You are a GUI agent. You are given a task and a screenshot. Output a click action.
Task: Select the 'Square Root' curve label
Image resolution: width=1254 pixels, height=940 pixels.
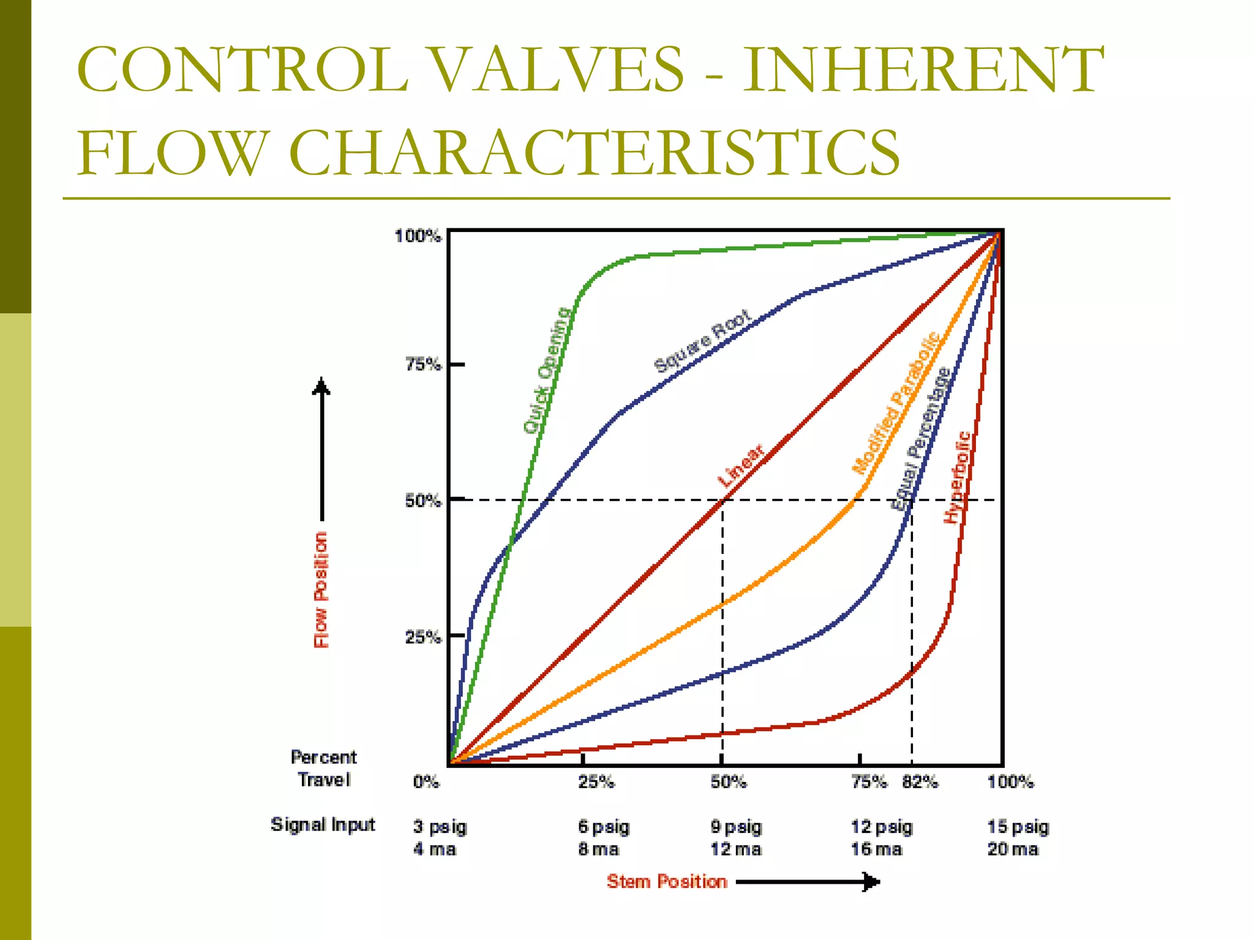(x=702, y=341)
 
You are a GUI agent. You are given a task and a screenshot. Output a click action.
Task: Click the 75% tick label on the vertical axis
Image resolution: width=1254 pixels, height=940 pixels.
(x=422, y=365)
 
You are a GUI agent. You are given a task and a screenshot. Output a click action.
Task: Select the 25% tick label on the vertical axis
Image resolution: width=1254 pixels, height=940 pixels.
(x=422, y=637)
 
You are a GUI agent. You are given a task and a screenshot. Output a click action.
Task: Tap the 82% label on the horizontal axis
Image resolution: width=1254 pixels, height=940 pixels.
(x=920, y=782)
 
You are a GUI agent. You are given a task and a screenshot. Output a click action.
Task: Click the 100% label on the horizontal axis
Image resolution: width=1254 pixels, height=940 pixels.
(x=1010, y=782)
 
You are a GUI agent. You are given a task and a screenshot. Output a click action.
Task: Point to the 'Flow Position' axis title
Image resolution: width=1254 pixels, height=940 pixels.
(x=321, y=590)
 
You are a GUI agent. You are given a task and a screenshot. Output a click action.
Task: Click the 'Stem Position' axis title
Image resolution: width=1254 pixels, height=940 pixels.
(x=667, y=882)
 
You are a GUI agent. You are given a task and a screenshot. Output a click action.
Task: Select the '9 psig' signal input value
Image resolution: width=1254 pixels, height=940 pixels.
(x=736, y=827)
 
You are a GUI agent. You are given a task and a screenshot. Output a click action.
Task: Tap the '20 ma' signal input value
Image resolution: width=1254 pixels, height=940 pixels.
(x=1013, y=849)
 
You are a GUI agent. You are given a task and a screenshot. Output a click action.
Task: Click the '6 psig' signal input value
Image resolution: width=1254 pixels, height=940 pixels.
(x=604, y=827)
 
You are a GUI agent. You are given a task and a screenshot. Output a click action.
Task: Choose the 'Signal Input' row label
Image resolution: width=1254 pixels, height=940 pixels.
(x=323, y=825)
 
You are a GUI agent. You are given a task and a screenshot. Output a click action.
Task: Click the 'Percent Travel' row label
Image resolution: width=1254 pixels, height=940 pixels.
(x=324, y=769)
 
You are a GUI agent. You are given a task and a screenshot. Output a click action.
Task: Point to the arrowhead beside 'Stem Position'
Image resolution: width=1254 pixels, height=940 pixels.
(x=871, y=882)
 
